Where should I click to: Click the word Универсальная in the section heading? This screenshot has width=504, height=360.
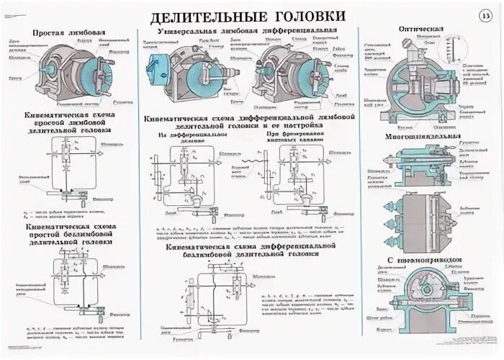click(x=189, y=33)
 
